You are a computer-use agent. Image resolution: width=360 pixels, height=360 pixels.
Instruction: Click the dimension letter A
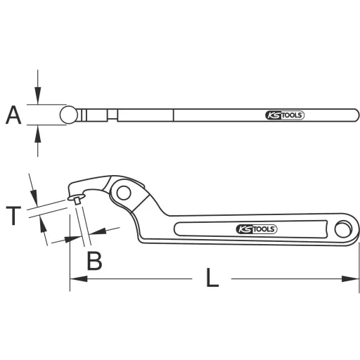[x=13, y=115]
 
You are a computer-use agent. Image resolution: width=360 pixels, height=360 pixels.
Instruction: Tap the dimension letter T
[x=13, y=215]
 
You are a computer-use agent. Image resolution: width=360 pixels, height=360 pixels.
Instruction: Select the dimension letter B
[x=94, y=261]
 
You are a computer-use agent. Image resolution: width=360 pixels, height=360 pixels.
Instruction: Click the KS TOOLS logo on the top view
[x=285, y=115]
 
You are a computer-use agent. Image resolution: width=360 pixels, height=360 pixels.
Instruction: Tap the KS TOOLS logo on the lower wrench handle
[x=257, y=229]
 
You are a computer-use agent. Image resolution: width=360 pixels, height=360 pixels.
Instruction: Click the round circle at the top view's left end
[x=69, y=115]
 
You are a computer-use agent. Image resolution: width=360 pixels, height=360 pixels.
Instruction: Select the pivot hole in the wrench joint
[x=124, y=193]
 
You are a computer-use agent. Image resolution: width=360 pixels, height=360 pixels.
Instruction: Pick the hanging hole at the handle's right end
[x=344, y=228]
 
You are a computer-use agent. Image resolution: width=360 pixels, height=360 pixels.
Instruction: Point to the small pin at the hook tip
[x=77, y=201]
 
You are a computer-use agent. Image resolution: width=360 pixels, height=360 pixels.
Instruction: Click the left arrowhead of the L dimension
[x=74, y=279]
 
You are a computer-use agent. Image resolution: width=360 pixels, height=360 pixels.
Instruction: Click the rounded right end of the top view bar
[x=355, y=115]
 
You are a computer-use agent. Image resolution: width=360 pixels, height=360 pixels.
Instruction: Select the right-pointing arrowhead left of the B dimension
[x=70, y=239]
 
